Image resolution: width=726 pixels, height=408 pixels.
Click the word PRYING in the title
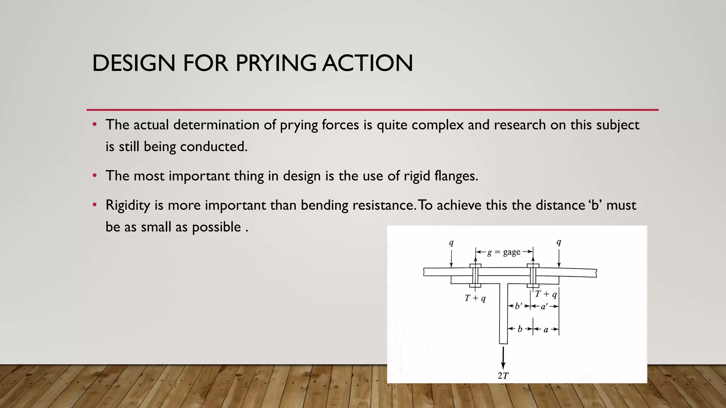276,63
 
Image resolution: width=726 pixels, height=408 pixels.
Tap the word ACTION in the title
367,63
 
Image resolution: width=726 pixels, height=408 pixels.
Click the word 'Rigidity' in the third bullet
128,206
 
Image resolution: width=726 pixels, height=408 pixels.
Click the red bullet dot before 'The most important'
94,176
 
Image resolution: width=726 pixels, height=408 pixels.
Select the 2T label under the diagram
503,376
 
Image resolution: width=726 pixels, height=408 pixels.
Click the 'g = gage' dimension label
504,252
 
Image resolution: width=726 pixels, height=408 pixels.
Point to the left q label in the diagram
451,243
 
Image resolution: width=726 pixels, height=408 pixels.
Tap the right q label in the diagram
559,243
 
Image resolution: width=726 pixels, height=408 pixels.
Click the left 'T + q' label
475,298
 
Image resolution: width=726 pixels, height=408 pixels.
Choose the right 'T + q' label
546,294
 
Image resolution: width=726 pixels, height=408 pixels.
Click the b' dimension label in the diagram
519,306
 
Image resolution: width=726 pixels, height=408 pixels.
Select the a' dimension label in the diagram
544,306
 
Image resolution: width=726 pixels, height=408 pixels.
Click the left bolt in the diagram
475,275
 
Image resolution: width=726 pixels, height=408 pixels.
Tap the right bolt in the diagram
533,275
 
